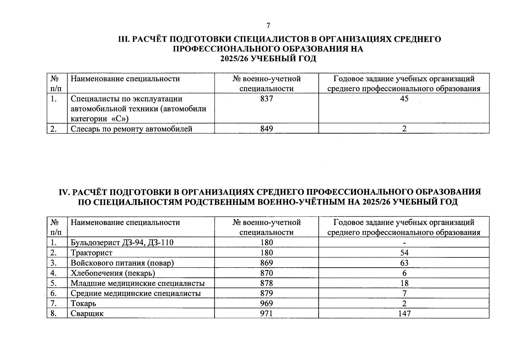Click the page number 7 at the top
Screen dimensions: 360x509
(x=268, y=26)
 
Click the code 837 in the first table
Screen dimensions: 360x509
(x=267, y=99)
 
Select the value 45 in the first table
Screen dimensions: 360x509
(x=404, y=99)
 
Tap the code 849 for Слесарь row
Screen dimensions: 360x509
(x=267, y=129)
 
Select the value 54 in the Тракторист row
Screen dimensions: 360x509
(x=404, y=253)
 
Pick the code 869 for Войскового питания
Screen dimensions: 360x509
(x=267, y=263)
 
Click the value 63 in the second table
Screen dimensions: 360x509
(x=404, y=263)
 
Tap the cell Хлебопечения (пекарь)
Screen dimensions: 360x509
(x=113, y=273)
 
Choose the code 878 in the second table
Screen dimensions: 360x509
(x=267, y=283)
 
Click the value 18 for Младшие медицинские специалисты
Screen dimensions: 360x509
(x=404, y=283)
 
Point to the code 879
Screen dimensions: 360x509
(x=267, y=293)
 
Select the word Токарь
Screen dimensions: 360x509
(x=83, y=304)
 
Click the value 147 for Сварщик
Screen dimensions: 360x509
(x=404, y=314)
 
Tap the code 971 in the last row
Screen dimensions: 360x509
(x=267, y=314)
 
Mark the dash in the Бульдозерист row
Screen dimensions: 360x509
(x=404, y=243)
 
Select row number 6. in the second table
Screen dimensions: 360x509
(x=54, y=293)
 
